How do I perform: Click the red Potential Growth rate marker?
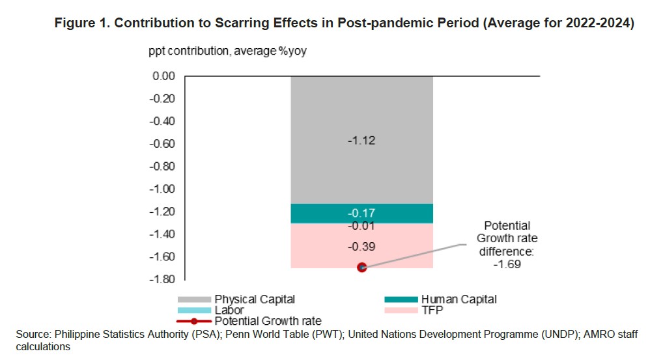(362, 267)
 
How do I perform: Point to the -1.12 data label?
(361, 140)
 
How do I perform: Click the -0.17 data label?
(361, 213)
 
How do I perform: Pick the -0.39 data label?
(361, 247)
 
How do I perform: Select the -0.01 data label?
(361, 226)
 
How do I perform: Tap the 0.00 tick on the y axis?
(163, 76)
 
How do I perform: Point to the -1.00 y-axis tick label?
(162, 189)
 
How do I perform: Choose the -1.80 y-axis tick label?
(162, 279)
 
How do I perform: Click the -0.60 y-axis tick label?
(162, 144)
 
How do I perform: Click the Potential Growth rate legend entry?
(268, 321)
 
